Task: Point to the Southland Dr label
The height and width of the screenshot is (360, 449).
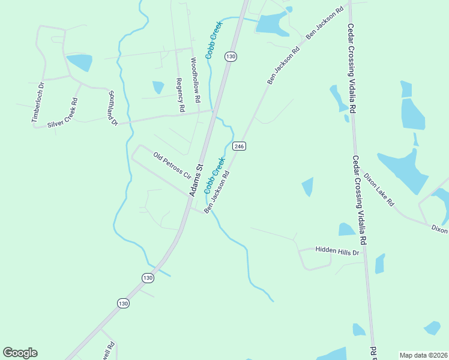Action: (x=112, y=108)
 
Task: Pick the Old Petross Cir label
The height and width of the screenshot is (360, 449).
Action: (x=172, y=166)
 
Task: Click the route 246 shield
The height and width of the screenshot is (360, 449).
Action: (x=239, y=146)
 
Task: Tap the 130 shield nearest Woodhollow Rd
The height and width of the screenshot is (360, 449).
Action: (x=231, y=56)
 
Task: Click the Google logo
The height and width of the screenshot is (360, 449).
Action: (x=20, y=353)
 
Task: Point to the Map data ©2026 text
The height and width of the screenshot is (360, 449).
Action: (x=423, y=355)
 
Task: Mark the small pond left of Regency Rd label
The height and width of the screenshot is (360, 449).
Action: (x=158, y=87)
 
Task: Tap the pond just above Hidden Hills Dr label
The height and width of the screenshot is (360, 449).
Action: (x=346, y=229)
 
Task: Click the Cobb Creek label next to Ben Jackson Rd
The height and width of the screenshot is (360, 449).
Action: (x=214, y=175)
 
